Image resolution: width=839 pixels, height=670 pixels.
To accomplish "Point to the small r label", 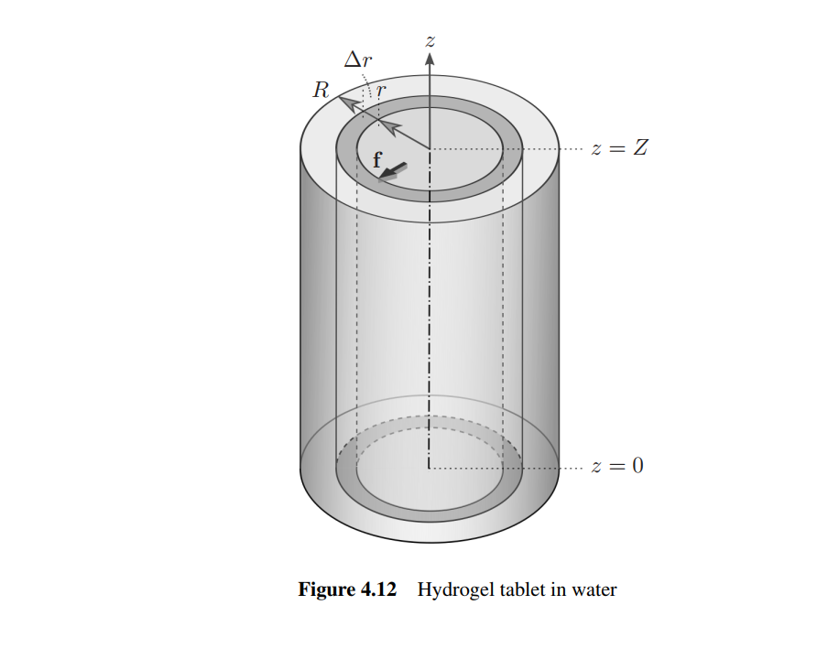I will (x=382, y=92).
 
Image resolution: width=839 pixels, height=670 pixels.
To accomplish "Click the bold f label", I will (x=376, y=160).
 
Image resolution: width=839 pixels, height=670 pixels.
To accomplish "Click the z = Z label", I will (x=619, y=148).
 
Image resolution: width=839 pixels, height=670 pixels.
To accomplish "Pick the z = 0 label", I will (x=617, y=466).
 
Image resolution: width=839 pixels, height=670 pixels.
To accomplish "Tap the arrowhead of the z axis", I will (x=429, y=58).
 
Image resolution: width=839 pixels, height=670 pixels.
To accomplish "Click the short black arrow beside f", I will (x=395, y=169).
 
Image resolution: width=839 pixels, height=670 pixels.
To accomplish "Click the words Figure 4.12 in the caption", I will (x=347, y=589).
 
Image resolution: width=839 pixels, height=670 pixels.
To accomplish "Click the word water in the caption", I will (x=594, y=589).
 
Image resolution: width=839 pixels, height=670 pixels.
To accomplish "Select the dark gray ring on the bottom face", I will (x=429, y=513).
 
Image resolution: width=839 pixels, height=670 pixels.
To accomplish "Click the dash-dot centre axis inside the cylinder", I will (x=429, y=320).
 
